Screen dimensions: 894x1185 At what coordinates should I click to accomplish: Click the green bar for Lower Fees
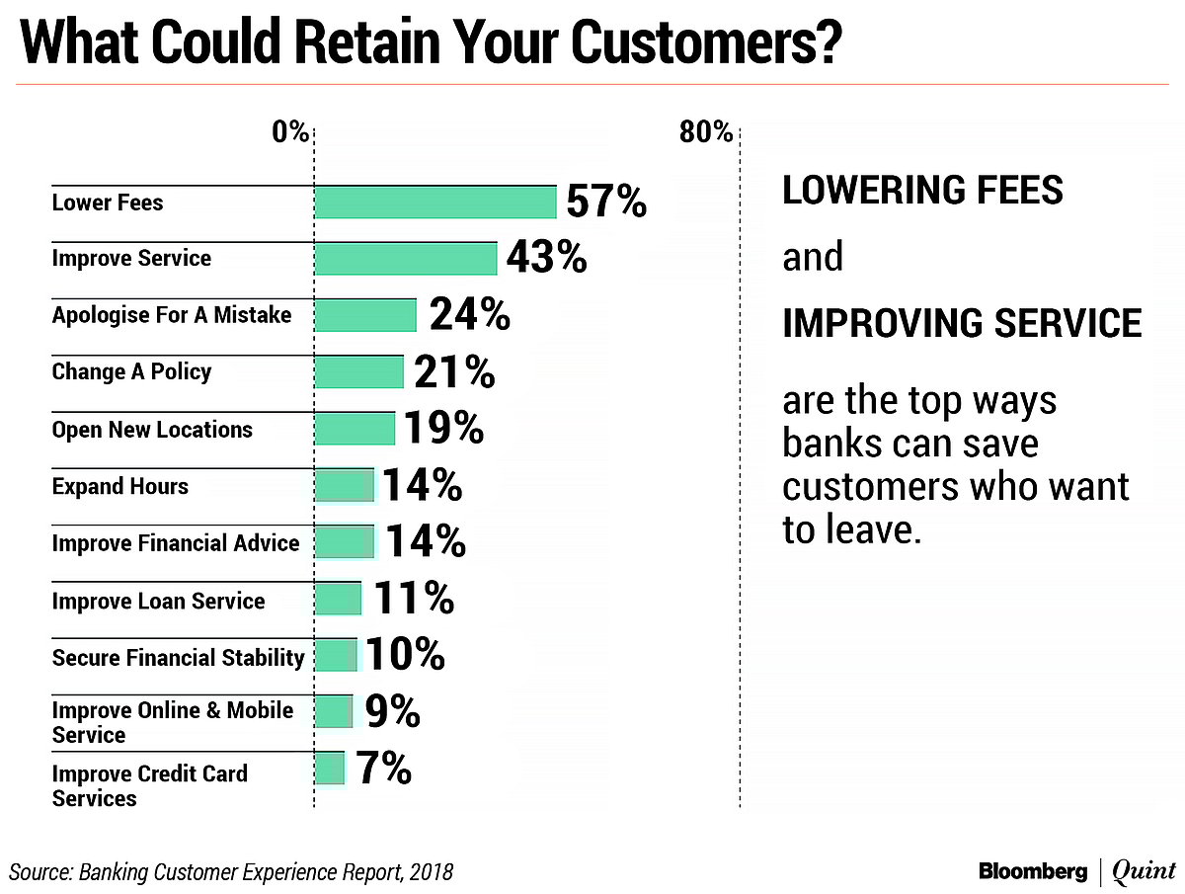tap(435, 203)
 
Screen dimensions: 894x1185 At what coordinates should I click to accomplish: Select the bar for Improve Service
tap(406, 259)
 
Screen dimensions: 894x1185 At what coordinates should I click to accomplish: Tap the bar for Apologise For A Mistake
tap(365, 316)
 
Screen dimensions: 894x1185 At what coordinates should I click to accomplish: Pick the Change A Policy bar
tap(359, 372)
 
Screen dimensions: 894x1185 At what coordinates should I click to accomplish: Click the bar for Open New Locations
tap(355, 429)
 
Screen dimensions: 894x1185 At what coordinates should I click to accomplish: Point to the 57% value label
tap(605, 203)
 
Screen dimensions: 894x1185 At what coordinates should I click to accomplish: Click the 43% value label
tap(546, 259)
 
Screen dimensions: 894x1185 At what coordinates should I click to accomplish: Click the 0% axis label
tap(291, 131)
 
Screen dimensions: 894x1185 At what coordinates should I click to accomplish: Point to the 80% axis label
tap(706, 131)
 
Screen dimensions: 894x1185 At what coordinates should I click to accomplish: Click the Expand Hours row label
tap(119, 486)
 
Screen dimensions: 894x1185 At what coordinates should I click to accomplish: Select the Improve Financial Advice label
tap(175, 543)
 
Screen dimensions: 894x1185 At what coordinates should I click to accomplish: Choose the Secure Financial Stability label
tap(178, 657)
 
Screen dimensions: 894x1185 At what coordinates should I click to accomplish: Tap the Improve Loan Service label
tap(158, 601)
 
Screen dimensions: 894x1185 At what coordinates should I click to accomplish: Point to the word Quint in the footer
tap(1144, 871)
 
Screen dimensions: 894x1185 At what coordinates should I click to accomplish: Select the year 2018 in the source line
tap(432, 871)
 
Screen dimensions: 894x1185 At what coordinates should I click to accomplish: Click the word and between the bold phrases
tap(813, 258)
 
